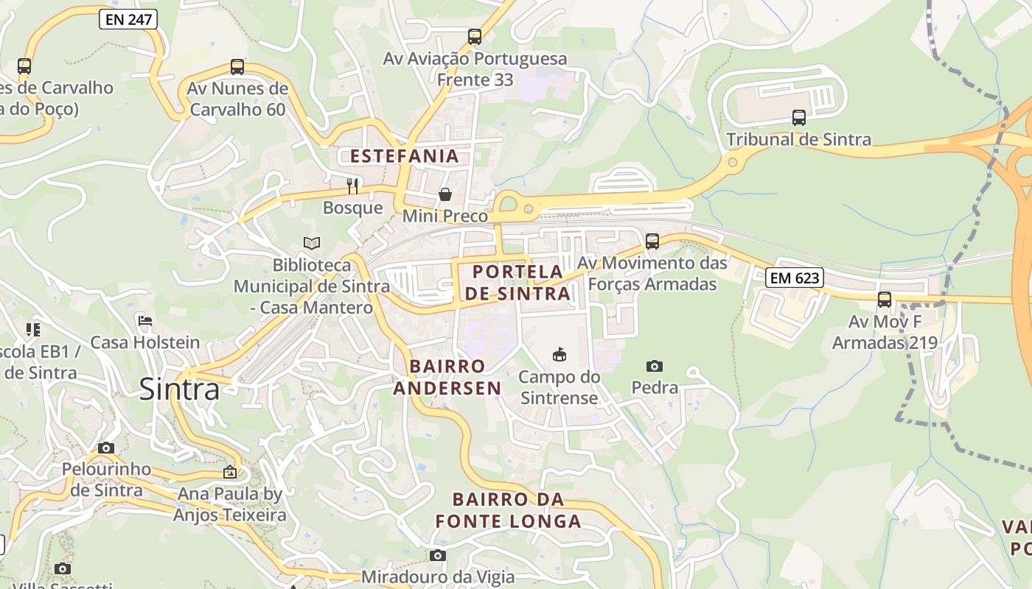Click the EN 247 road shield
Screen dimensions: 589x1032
[x=128, y=19]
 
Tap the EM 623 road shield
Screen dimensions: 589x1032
[x=794, y=278]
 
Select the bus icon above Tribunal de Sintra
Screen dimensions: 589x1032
[x=798, y=117]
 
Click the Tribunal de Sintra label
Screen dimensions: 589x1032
[x=798, y=139]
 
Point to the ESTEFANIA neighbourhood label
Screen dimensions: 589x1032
[x=404, y=156]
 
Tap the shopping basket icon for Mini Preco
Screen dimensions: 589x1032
[x=445, y=194]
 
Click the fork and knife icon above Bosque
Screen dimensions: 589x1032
[x=352, y=186]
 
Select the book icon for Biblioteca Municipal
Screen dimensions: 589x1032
[x=312, y=243]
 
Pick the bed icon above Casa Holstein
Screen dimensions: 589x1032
[x=145, y=321]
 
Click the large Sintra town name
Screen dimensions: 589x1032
[x=179, y=389]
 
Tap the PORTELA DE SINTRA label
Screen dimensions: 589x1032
[x=517, y=283]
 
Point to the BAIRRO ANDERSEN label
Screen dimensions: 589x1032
[x=447, y=377]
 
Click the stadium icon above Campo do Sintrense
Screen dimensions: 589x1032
[x=559, y=355]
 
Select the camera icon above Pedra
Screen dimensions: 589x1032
[x=654, y=366]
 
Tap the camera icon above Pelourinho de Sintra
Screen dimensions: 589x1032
[x=106, y=448]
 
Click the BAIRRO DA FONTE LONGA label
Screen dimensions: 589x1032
[x=508, y=510]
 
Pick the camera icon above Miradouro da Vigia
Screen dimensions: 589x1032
[x=438, y=555]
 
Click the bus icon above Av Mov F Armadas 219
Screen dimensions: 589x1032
[x=884, y=300]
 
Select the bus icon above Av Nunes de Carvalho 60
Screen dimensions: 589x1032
[x=237, y=67]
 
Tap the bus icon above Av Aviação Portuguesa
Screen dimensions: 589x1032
[x=475, y=36]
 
